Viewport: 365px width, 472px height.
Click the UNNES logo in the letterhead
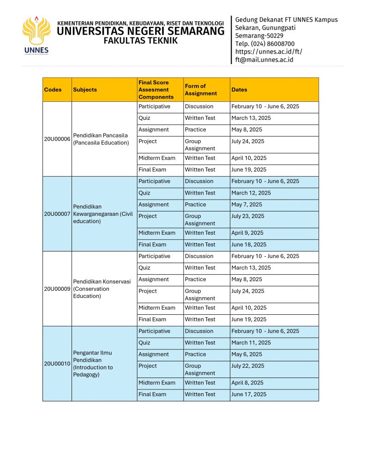point(36,35)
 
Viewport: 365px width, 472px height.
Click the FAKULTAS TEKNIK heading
point(140,41)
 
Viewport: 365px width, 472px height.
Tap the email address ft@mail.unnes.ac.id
point(264,59)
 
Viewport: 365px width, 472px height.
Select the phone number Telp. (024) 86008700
point(265,44)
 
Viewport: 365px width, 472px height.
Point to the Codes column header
point(53,90)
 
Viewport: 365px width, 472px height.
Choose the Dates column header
point(239,90)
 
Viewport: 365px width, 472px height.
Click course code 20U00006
point(57,139)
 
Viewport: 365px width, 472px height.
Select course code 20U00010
point(57,364)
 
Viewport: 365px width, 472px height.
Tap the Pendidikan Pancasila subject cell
point(101,139)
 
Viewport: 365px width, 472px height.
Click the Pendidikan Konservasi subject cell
point(102,289)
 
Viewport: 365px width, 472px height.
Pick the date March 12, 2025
point(251,193)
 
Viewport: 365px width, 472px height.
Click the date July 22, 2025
point(248,366)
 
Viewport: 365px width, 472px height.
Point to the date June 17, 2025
point(249,395)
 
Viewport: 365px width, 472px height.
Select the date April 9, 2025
point(247,233)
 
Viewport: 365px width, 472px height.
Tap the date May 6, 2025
point(246,354)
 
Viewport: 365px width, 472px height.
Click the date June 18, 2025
point(249,245)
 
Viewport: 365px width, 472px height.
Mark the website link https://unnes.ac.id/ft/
point(269,52)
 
